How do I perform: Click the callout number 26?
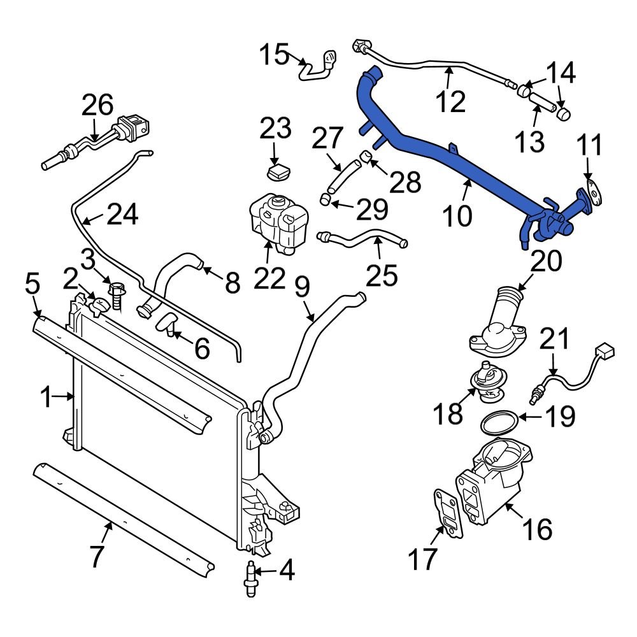tap(97, 106)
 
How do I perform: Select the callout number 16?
tap(536, 528)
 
